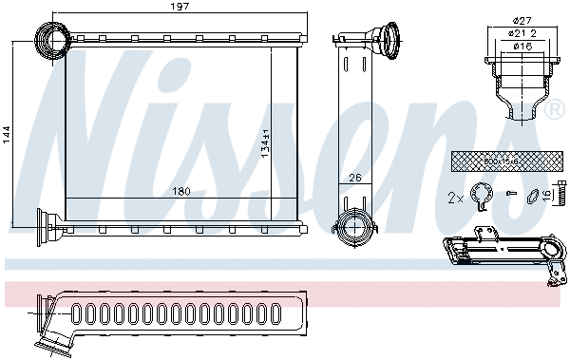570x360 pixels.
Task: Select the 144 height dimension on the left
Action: (8, 134)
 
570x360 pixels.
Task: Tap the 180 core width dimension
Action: (181, 192)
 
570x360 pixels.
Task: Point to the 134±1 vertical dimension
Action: (266, 142)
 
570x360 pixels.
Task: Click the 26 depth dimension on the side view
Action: (355, 177)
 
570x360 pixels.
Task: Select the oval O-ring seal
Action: (534, 198)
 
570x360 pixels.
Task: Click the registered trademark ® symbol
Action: (556, 112)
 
